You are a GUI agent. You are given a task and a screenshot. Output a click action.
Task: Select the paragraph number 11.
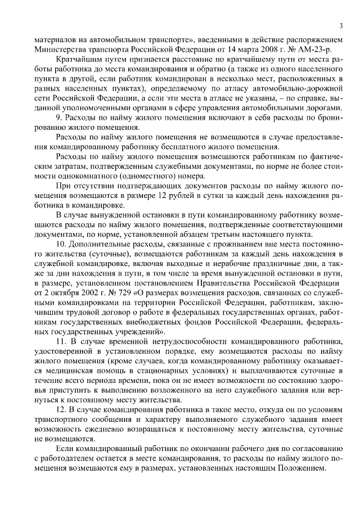point(62,341)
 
